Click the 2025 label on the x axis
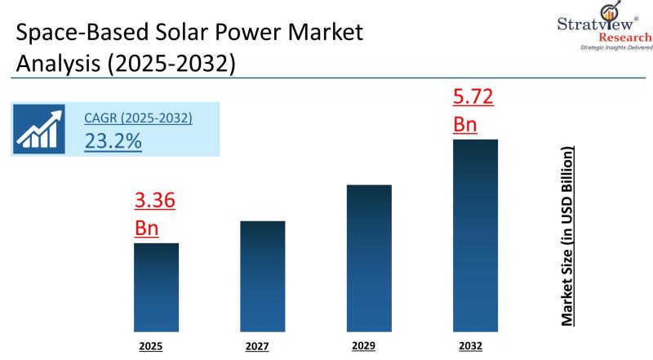151,346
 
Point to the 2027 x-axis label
257,346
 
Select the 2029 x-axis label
364,346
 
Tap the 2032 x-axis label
471,346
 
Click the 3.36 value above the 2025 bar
154,201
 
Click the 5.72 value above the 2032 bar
473,99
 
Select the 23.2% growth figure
113,140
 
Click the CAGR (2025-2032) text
138,118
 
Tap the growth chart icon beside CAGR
45,129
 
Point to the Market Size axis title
567,237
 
